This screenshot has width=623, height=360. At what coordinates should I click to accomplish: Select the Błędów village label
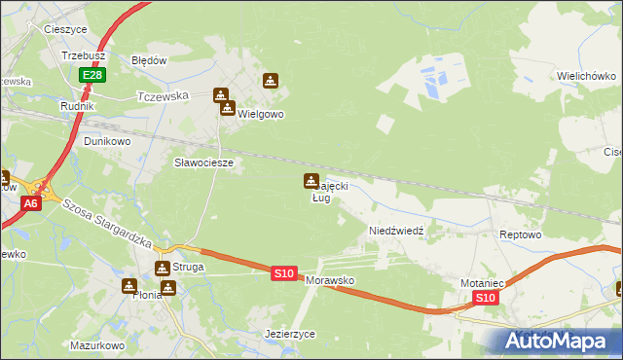pyautogui.click(x=150, y=59)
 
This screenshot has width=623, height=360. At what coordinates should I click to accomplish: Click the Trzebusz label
pyautogui.click(x=83, y=56)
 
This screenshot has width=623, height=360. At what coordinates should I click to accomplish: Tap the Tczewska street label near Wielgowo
pyautogui.click(x=164, y=96)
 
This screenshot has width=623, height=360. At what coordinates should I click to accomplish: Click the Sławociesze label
pyautogui.click(x=203, y=162)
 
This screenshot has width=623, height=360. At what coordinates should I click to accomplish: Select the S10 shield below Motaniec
pyautogui.click(x=487, y=298)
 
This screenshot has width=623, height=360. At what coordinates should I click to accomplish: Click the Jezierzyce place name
pyautogui.click(x=290, y=333)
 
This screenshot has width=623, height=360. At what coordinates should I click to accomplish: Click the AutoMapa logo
pyautogui.click(x=558, y=341)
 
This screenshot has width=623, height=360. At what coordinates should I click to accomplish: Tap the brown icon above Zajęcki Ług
pyautogui.click(x=311, y=181)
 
